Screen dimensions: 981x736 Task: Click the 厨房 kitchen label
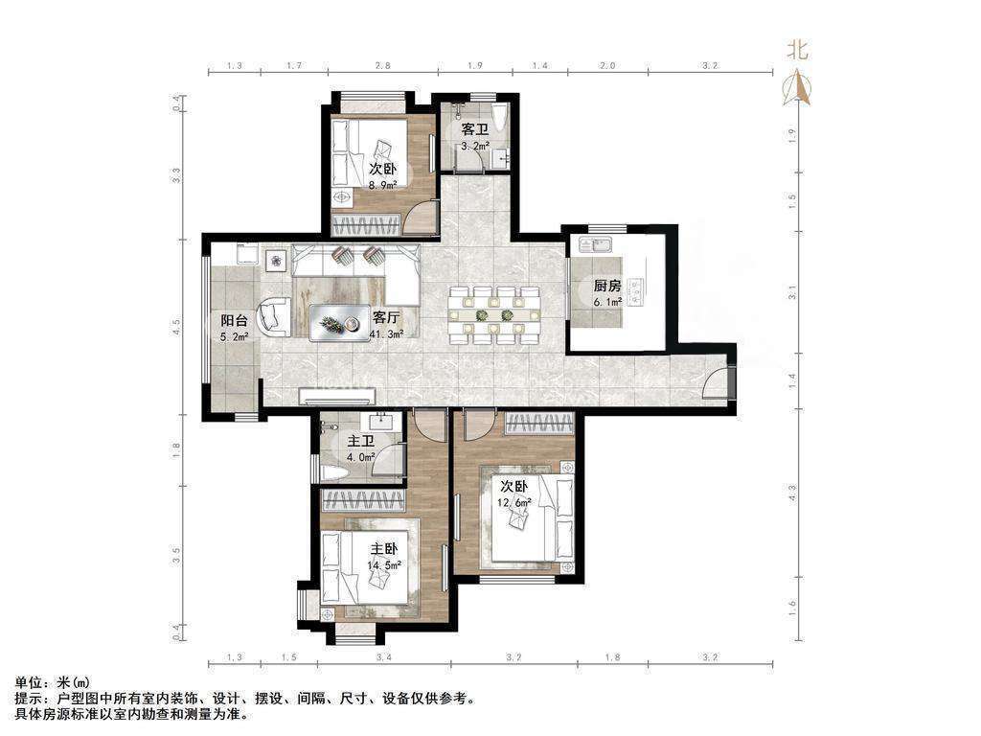606,286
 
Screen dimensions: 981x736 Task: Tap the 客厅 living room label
386,317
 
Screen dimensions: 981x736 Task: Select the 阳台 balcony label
234,320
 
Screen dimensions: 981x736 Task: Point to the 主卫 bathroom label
361,441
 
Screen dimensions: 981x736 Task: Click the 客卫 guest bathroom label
475,129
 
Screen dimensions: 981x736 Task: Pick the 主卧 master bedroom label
384,549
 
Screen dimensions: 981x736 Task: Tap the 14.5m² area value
384,564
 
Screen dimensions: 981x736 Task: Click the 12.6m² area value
514,502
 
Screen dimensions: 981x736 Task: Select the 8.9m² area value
383,185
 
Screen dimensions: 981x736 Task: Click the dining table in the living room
494,314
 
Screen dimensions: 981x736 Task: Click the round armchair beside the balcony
274,316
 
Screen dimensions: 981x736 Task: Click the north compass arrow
797,87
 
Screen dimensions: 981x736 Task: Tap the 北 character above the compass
797,50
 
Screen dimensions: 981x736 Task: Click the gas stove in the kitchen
637,291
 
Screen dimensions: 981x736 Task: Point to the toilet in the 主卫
331,473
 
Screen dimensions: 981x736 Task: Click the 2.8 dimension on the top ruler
383,65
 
